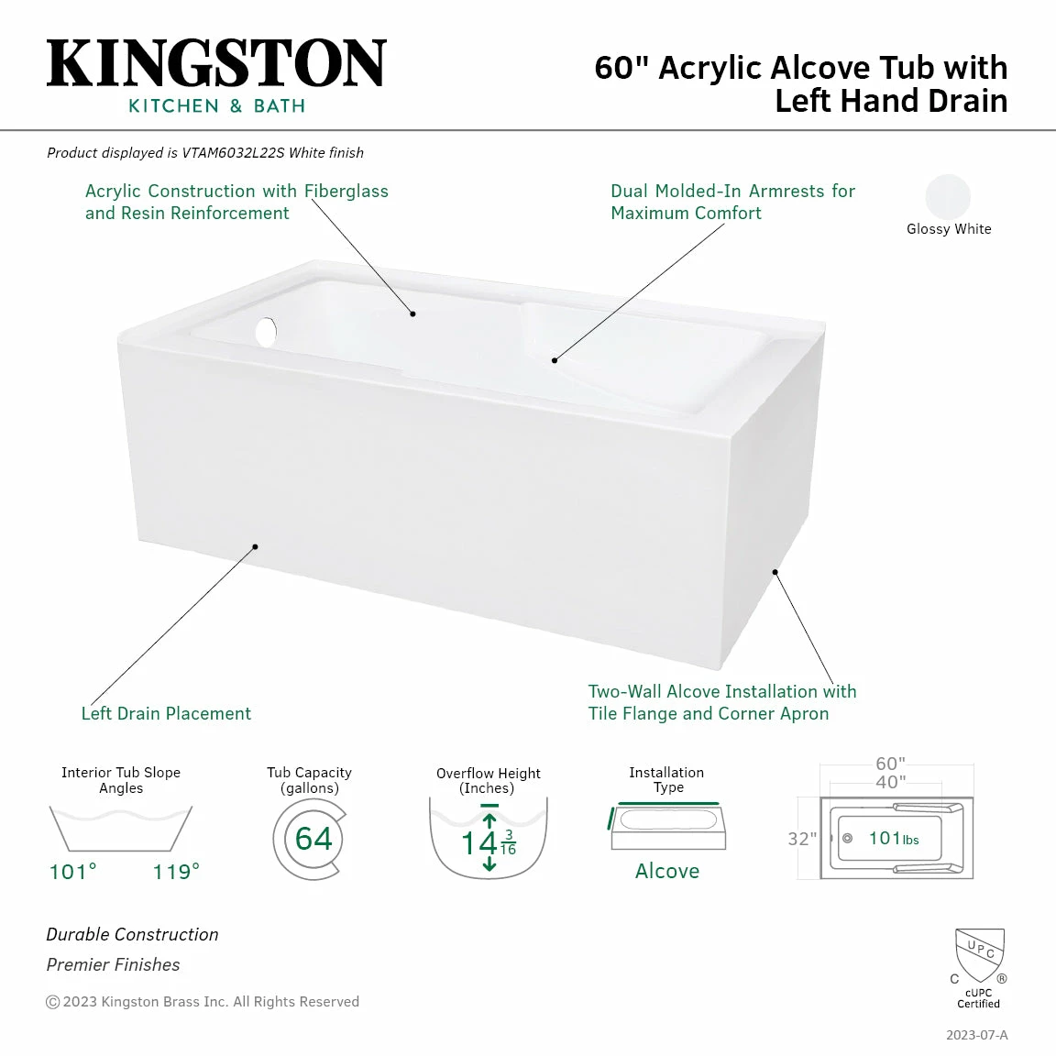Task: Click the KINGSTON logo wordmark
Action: point(216,64)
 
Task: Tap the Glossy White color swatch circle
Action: point(947,197)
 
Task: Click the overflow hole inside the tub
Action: point(266,332)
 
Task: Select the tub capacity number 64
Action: point(313,839)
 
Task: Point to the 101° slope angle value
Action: point(72,872)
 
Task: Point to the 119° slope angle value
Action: point(176,872)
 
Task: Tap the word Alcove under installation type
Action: point(666,871)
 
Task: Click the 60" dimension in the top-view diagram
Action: point(889,764)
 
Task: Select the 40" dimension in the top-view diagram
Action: point(889,782)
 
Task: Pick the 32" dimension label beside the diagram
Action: point(802,839)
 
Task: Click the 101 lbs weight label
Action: point(893,839)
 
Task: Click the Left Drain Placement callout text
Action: point(166,713)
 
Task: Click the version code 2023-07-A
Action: point(976,1035)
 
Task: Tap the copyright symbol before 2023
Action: point(52,1002)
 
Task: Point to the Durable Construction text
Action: point(132,934)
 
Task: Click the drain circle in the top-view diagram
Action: point(847,839)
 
